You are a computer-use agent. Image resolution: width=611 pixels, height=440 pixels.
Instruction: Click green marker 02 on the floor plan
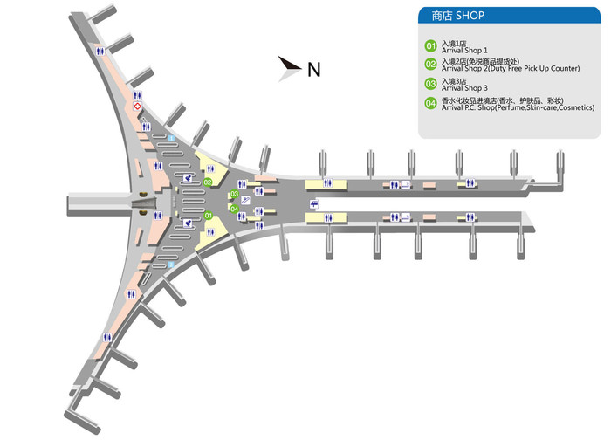click(x=209, y=182)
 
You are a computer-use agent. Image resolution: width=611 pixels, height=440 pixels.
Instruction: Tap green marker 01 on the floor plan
click(x=208, y=215)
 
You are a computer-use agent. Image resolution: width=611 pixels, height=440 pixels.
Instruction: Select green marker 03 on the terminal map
click(x=234, y=194)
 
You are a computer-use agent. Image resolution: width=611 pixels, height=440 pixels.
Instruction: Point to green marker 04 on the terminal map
click(x=234, y=209)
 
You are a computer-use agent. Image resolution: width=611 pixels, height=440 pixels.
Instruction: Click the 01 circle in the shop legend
click(x=429, y=45)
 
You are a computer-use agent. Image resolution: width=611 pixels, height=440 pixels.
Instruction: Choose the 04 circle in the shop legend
click(x=429, y=104)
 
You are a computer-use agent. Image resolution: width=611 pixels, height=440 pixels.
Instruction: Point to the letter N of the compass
click(x=313, y=70)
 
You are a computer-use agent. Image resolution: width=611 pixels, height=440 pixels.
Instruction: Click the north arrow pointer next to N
click(x=288, y=66)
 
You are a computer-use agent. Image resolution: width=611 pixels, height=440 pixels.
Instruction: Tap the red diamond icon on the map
click(x=137, y=105)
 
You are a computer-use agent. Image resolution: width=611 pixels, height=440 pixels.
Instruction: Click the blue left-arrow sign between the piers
click(x=313, y=204)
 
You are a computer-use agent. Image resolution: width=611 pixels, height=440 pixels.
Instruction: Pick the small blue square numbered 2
click(x=171, y=263)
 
